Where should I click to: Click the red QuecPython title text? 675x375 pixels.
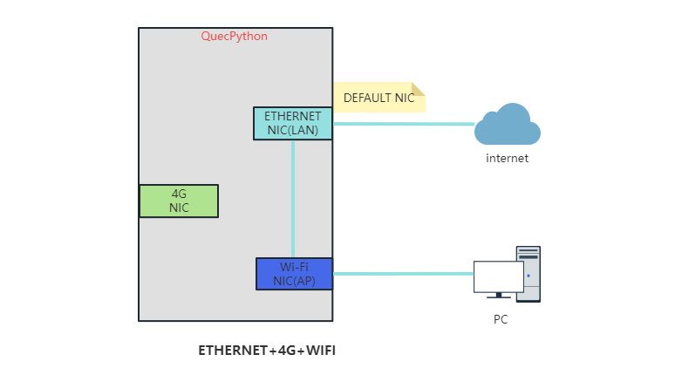[x=235, y=37]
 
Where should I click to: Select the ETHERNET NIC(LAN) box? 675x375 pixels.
[x=293, y=123]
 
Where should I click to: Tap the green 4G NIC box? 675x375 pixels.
[x=179, y=201]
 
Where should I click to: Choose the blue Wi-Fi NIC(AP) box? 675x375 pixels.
[x=294, y=274]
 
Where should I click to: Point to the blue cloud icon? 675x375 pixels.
[x=508, y=125]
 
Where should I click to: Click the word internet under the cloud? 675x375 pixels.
[x=507, y=159]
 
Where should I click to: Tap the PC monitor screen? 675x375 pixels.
[x=498, y=276]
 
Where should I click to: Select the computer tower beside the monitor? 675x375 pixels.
[x=528, y=273]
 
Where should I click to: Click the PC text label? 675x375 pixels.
[x=501, y=320]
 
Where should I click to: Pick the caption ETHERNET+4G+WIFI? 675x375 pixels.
[x=267, y=351]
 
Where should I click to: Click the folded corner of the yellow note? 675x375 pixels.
[x=419, y=88]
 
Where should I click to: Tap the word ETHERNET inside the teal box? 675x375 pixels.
[x=293, y=116]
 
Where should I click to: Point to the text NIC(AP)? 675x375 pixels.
[x=294, y=281]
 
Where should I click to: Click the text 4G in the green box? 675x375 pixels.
[x=179, y=194]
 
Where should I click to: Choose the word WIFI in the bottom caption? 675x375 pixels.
[x=318, y=351]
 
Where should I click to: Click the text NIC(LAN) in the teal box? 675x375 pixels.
[x=293, y=130]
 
